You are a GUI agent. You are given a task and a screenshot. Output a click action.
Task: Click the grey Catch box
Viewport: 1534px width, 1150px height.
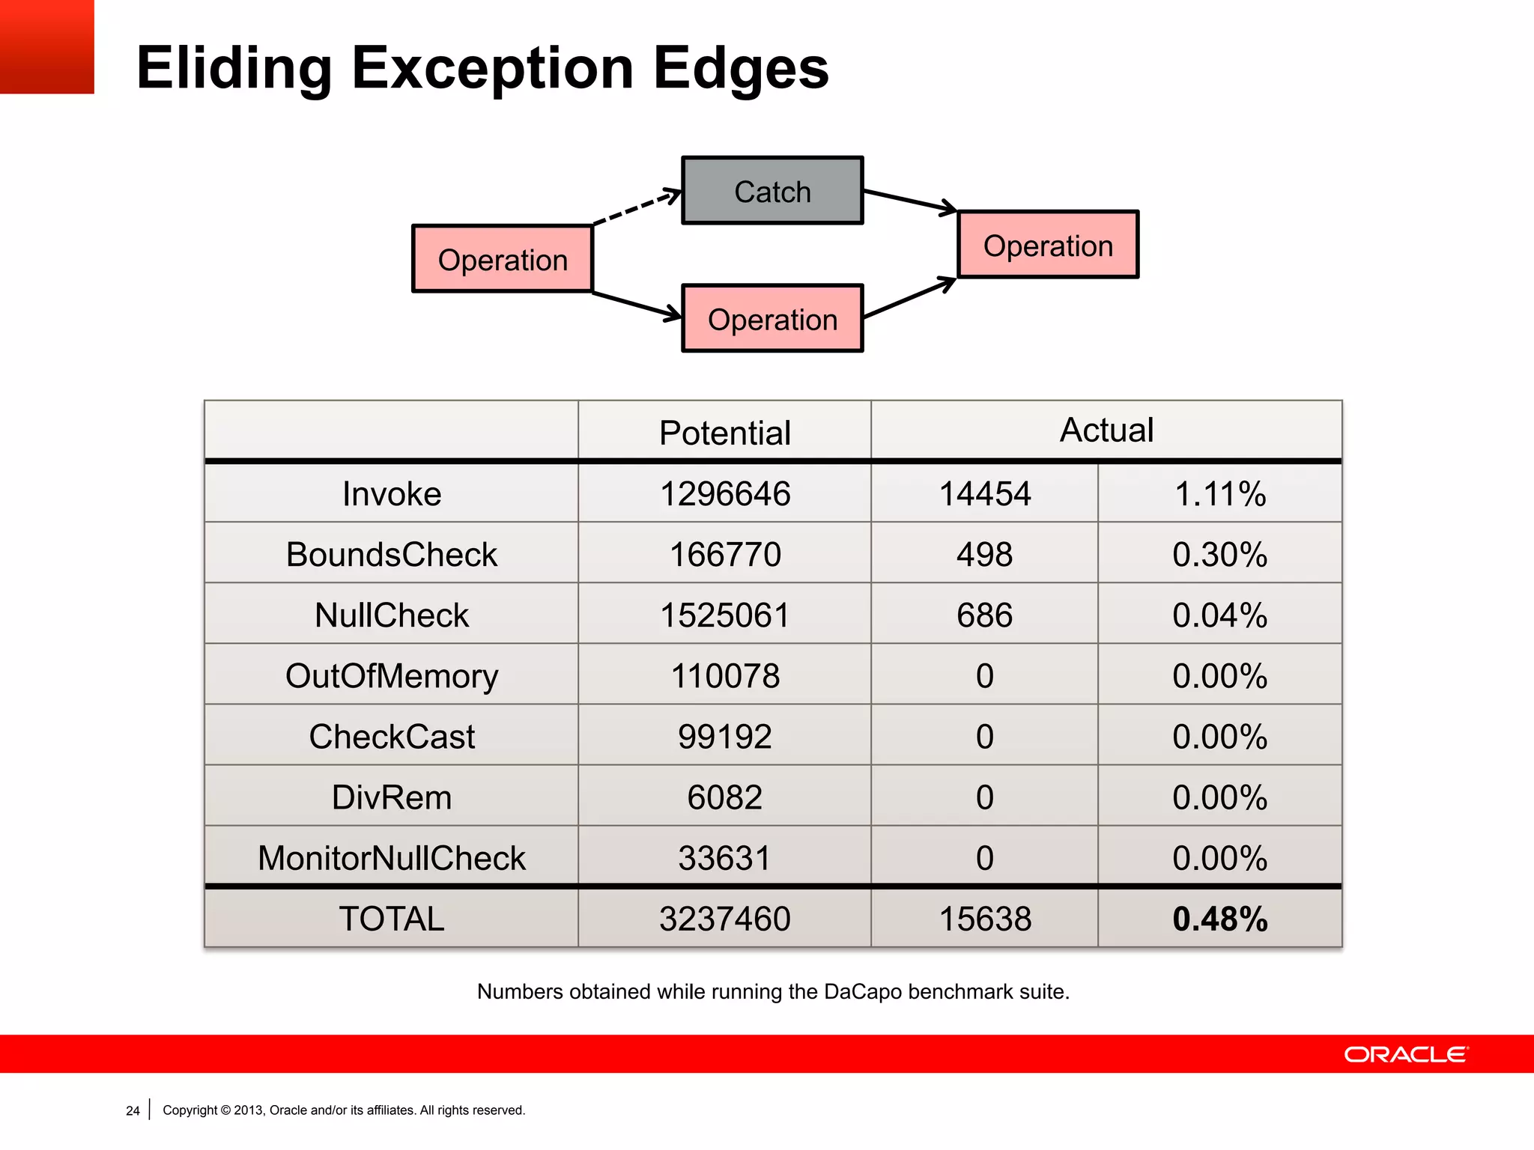pos(772,191)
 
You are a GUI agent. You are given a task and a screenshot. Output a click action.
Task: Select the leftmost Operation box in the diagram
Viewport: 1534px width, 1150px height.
pos(503,259)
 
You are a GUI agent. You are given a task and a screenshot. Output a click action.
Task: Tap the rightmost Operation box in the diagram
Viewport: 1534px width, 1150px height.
pos(1048,245)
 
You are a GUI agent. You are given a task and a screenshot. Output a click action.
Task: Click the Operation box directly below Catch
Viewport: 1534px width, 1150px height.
pos(772,319)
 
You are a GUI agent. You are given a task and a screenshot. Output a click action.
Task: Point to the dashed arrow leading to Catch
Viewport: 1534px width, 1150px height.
pos(637,207)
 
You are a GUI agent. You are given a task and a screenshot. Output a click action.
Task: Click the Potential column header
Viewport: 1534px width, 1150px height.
pos(724,432)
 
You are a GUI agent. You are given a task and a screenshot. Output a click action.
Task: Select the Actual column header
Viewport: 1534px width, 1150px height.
pos(1106,430)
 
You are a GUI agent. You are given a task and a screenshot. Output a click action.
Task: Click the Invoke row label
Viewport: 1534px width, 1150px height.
pos(392,493)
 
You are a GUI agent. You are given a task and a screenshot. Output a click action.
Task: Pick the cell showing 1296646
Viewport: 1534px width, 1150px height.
pos(724,493)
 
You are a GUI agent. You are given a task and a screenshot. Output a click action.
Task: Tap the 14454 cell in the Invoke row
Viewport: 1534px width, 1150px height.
pos(984,493)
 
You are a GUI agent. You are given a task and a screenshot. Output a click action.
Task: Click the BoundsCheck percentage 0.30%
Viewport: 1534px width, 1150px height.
pos(1219,554)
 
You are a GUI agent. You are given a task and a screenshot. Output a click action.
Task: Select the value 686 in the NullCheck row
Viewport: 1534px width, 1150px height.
pos(984,615)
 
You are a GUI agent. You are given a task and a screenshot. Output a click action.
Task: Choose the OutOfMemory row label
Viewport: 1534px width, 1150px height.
pos(392,675)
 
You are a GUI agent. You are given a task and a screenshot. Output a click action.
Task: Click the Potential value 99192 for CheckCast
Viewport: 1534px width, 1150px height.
pos(724,736)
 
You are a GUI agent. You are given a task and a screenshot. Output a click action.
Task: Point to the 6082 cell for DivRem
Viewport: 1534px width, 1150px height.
pos(724,797)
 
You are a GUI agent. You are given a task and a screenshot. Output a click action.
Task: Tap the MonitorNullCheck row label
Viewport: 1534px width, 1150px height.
pos(392,857)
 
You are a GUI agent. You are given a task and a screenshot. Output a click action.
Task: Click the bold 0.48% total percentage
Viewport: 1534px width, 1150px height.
pos(1219,919)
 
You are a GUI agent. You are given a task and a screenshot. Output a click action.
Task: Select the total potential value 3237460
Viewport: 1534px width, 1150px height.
pos(724,919)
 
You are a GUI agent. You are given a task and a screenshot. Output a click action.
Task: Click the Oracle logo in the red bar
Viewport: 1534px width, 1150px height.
pos(1406,1054)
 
